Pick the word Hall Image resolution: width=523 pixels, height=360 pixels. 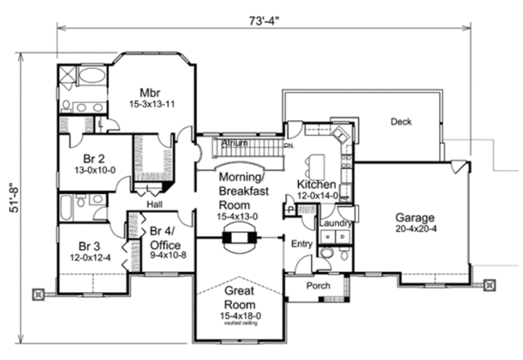coord(153,203)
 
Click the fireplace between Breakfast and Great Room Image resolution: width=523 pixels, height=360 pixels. coord(237,236)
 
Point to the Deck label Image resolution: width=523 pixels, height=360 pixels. coord(400,121)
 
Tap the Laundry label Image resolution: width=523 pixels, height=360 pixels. coord(335,223)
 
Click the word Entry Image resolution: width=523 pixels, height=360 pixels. coord(302,244)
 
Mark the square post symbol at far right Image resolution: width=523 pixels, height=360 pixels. coord(491,284)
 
